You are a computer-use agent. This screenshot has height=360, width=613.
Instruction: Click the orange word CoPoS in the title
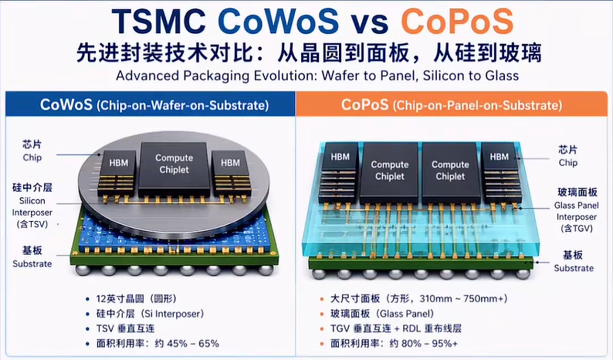[456, 21]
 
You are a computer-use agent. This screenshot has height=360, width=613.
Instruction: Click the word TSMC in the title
[159, 21]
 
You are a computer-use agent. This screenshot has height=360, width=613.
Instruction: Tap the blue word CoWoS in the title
[278, 21]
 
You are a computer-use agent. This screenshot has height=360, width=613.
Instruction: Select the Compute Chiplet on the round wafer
[174, 169]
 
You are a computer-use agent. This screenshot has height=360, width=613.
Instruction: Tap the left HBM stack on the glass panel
[340, 172]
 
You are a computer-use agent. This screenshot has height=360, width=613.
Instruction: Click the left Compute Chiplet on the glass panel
[389, 172]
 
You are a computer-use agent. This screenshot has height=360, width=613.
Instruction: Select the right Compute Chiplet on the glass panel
[450, 172]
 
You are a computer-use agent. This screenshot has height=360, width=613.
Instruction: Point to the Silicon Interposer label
[32, 206]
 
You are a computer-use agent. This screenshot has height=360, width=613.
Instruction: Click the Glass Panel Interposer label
[576, 211]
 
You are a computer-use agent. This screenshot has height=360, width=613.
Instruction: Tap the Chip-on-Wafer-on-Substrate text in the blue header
[182, 105]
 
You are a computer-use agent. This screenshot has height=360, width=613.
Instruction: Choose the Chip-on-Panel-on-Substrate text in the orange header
[478, 105]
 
